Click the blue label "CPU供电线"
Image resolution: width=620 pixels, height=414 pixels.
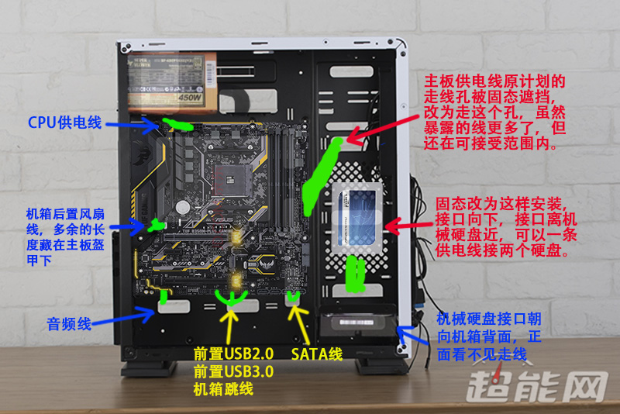pyautogui.click(x=64, y=122)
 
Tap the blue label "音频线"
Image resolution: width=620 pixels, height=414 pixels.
pyautogui.click(x=69, y=323)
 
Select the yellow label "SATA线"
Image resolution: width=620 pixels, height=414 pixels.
pyautogui.click(x=317, y=354)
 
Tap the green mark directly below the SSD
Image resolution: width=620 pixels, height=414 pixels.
pyautogui.click(x=356, y=273)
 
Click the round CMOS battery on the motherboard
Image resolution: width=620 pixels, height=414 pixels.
pyautogui.click(x=183, y=207)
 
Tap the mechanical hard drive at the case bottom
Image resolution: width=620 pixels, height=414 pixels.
pyautogui.click(x=358, y=326)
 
